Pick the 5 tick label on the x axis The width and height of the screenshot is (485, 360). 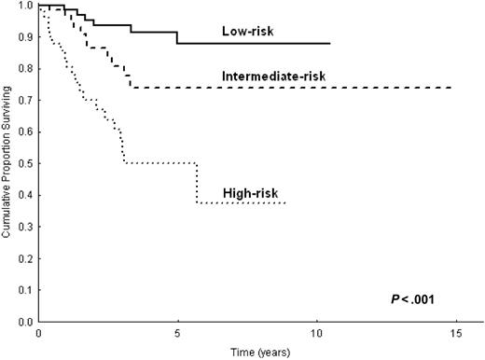[177, 332]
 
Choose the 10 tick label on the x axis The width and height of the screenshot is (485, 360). [316, 332]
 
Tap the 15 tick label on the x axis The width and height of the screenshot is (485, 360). [455, 332]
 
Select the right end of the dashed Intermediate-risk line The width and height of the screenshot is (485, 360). [452, 88]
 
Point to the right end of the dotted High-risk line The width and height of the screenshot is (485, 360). [284, 202]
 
